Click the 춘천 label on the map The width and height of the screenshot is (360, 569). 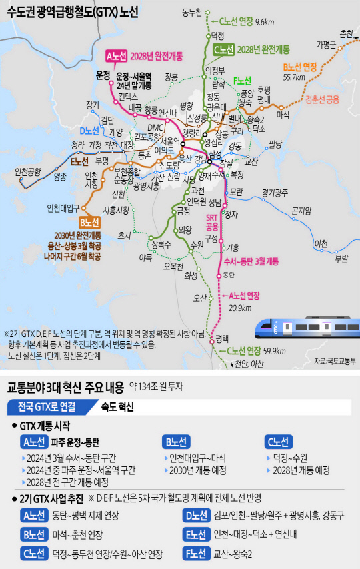(346, 33)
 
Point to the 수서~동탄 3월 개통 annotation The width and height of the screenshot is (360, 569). (251, 262)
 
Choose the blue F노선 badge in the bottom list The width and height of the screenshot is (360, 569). (197, 553)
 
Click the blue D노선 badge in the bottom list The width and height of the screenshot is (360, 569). (197, 514)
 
